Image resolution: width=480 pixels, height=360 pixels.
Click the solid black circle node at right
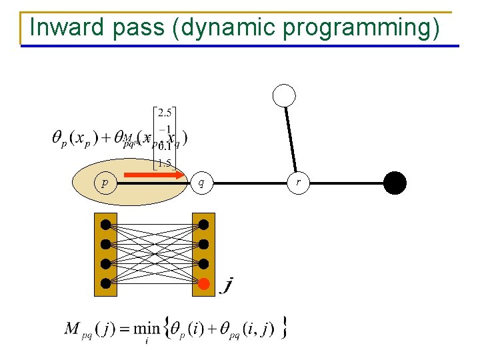coord(395,182)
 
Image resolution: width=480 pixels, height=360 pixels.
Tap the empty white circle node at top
coord(285,96)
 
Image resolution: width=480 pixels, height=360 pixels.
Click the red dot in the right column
coord(203,283)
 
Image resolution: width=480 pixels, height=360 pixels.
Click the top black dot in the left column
coord(105,224)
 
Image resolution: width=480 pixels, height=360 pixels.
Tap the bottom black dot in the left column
coord(105,283)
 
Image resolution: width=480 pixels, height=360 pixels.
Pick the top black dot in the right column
coord(203,224)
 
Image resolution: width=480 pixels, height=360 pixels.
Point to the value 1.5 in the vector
coord(163,163)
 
